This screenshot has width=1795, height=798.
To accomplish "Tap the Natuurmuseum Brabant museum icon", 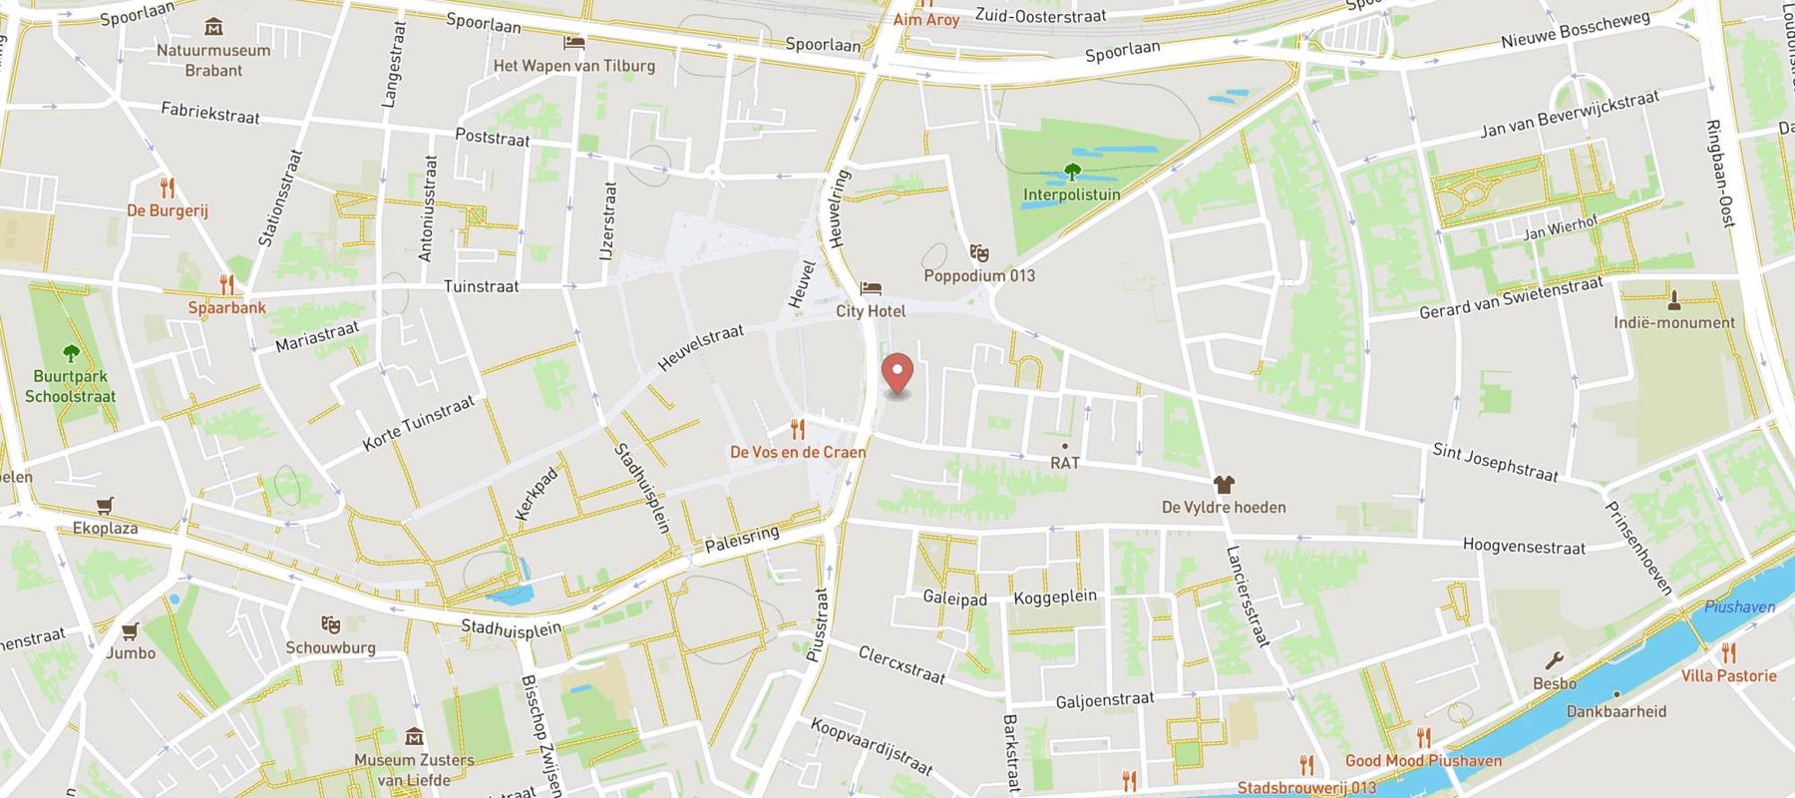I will [212, 26].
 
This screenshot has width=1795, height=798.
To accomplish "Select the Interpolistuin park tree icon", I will [1072, 171].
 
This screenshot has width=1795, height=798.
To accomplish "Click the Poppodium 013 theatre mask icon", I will [978, 252].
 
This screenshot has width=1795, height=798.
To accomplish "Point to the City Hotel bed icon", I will [871, 288].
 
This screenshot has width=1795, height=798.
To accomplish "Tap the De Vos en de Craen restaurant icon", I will [798, 430].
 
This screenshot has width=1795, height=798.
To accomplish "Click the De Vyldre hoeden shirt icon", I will [1224, 485].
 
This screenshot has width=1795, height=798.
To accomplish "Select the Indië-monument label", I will [1674, 322].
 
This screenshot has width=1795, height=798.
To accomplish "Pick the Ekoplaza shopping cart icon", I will [105, 506].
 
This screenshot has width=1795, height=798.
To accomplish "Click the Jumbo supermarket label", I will [131, 652].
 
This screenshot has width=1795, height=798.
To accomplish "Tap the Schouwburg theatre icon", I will [331, 624].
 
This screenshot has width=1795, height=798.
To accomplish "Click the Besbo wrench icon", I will [1554, 661].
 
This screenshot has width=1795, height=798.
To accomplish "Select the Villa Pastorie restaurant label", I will [1728, 675].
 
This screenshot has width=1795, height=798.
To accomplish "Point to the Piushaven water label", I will [1739, 606].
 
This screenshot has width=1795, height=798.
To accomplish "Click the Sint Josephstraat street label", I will [1495, 463].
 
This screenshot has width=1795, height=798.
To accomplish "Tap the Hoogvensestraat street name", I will [1523, 546].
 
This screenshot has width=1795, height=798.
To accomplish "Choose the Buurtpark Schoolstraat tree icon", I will [71, 353].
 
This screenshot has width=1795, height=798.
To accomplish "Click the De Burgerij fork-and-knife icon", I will [167, 188].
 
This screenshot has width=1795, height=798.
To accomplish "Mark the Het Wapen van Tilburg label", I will [574, 66].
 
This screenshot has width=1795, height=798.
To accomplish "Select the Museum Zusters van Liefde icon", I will [415, 737].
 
